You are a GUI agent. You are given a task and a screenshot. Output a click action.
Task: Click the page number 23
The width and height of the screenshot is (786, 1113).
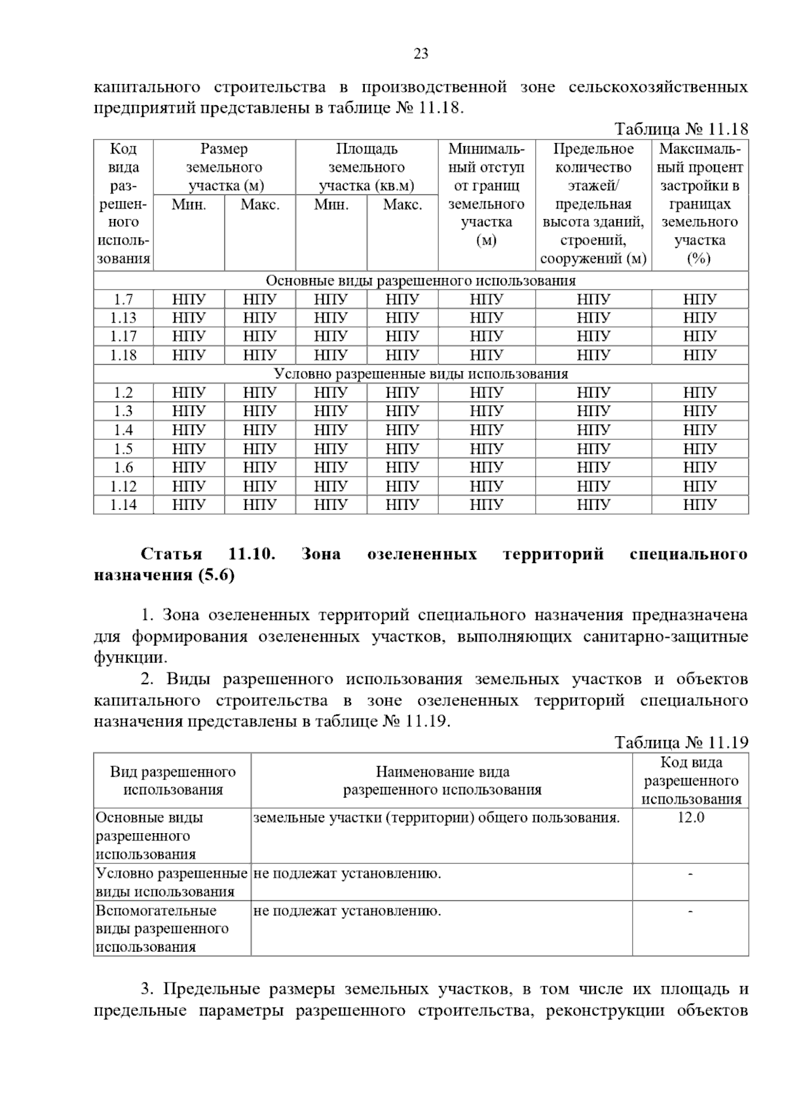(421, 54)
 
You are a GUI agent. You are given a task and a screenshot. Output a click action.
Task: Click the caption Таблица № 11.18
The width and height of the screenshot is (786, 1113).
(681, 129)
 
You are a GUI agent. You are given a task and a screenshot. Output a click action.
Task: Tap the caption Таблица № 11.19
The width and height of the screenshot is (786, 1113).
(681, 742)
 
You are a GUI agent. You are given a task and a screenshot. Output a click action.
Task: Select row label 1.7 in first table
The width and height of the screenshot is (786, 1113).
(122, 300)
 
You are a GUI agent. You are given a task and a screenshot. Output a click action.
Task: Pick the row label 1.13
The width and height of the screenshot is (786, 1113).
(122, 318)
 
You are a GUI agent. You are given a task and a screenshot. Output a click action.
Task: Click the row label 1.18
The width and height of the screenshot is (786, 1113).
(122, 355)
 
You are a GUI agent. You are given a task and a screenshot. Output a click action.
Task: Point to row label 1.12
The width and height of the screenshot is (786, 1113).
(122, 486)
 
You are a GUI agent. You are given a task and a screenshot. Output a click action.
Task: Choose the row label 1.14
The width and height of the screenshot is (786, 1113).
(122, 505)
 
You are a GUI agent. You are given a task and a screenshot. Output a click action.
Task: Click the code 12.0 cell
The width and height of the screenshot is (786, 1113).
(690, 817)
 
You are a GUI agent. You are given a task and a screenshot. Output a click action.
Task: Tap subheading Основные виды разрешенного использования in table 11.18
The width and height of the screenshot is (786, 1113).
(421, 281)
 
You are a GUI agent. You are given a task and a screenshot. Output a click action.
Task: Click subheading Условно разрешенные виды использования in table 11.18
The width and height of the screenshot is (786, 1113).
(421, 374)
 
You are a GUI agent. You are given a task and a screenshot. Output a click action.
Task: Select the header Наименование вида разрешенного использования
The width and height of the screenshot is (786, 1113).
(442, 781)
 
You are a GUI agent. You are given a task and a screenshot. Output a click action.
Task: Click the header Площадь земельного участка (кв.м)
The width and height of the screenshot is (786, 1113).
(366, 167)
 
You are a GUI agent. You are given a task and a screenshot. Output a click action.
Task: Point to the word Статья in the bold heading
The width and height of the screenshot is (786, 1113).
(172, 555)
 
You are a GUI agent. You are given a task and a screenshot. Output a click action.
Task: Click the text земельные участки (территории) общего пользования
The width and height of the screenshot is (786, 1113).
(436, 817)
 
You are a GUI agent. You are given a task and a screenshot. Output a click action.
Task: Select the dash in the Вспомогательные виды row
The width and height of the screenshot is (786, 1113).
(690, 910)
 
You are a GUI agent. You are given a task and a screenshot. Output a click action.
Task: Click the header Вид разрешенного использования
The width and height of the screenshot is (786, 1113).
(172, 781)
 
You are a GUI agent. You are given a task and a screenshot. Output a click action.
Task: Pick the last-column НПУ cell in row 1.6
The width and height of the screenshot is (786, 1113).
(700, 467)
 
